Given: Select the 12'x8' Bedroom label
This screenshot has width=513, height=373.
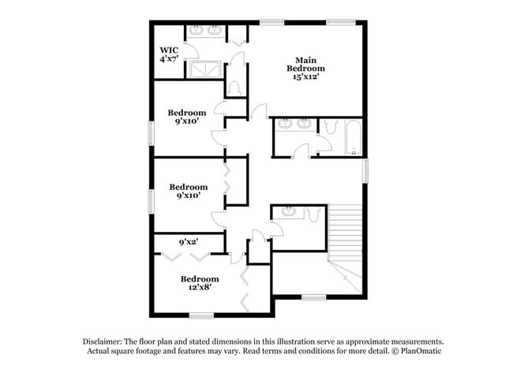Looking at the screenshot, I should [200, 282].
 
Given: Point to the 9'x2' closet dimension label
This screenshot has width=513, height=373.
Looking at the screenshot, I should [188, 243].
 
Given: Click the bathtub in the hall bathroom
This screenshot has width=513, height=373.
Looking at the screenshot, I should [352, 137].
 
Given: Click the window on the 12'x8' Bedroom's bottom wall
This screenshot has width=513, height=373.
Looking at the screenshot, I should [201, 315].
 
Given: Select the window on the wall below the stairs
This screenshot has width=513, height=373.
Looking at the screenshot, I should [314, 297].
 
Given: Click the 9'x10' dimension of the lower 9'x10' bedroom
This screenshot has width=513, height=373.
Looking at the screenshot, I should [188, 196].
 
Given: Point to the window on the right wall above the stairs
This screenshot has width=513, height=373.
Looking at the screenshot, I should [365, 170].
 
